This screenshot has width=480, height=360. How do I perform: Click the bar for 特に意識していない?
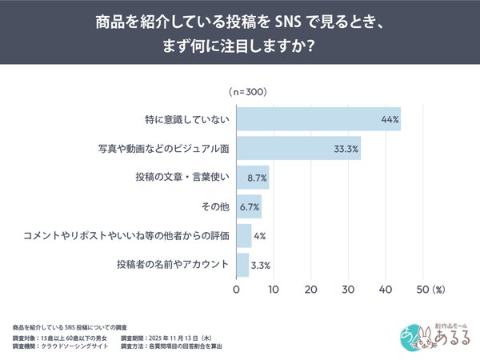tap(318, 119)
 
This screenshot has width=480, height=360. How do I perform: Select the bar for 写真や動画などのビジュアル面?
tap(298, 149)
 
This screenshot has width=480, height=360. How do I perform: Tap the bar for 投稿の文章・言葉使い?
tap(253, 178)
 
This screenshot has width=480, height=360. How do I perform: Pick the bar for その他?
tap(249, 206)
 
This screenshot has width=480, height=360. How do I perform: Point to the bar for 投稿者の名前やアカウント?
tap(242, 264)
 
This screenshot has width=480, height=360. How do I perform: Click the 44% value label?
tap(390, 119)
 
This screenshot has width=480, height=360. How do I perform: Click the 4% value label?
tap(261, 235)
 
